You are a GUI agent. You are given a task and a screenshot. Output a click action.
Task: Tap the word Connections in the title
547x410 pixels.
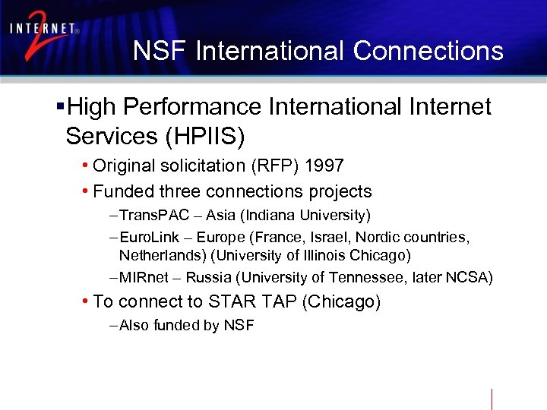tap(428, 51)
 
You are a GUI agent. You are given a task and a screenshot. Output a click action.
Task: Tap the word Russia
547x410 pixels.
tap(207, 278)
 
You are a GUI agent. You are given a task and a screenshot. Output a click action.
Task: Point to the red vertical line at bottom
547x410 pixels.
tap(492, 399)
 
